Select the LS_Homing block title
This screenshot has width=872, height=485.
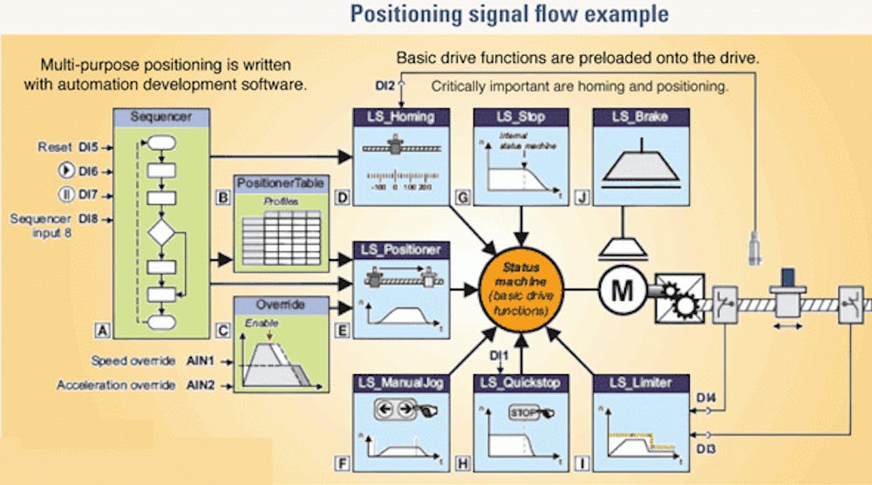[401, 117]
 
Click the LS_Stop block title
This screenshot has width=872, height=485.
[521, 117]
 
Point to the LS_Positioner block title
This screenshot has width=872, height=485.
[401, 249]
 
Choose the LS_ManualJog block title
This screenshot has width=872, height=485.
[401, 381]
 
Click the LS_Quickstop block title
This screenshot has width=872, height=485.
[521, 381]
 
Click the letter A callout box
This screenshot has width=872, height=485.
[102, 330]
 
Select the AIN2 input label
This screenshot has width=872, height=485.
[198, 385]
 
